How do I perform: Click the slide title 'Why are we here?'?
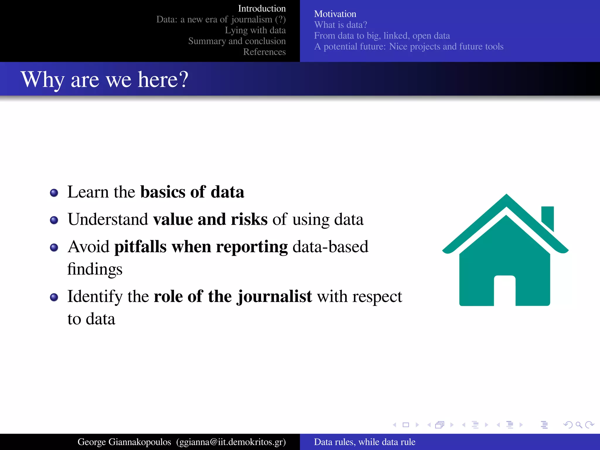click(104, 79)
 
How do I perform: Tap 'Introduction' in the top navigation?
click(262, 8)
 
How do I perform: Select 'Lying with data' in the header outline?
click(255, 30)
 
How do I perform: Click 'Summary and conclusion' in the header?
click(237, 41)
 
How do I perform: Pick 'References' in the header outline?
click(264, 52)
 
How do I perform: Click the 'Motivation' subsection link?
click(335, 14)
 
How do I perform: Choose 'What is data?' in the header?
click(340, 25)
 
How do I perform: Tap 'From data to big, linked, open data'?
click(382, 36)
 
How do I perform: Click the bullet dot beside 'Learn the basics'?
click(54, 193)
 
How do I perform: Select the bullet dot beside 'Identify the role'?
click(54, 297)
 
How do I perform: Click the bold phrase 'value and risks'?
click(210, 219)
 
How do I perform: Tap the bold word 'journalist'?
click(275, 296)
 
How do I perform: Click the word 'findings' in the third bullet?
click(95, 269)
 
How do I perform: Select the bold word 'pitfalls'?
click(140, 247)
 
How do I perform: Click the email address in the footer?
click(231, 442)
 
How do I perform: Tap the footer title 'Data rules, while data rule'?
click(364, 442)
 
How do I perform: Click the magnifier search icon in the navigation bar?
click(579, 425)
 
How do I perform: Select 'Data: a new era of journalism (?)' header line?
click(221, 19)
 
